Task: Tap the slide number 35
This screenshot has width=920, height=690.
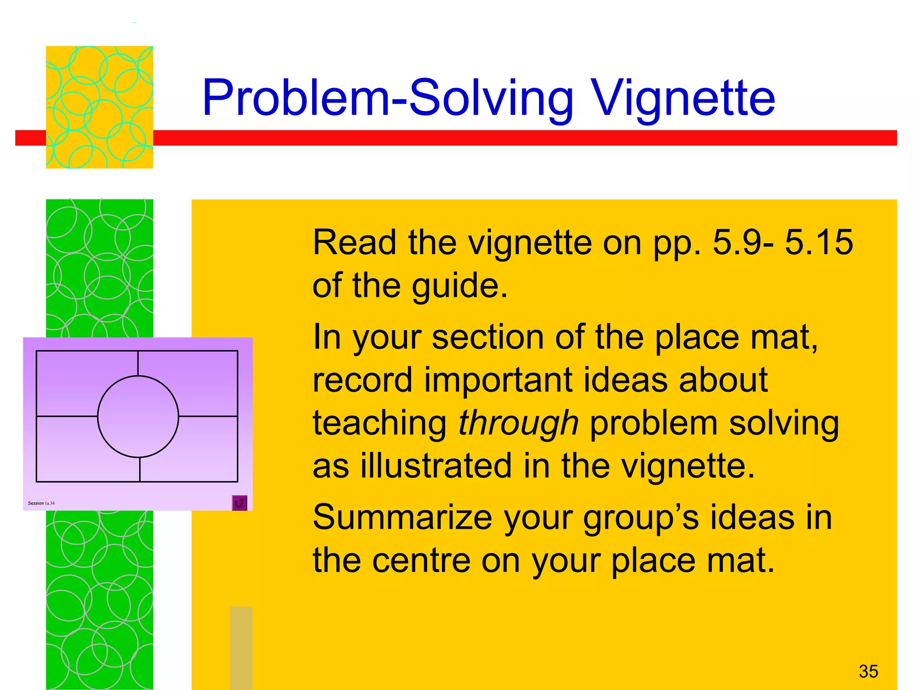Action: (868, 671)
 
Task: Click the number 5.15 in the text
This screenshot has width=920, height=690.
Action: (818, 243)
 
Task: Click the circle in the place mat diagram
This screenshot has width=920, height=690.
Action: (138, 416)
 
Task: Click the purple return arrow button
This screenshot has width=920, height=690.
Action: (239, 503)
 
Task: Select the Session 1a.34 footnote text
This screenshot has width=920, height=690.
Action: (41, 503)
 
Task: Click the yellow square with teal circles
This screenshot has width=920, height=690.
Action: (99, 107)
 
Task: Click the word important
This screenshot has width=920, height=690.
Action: (498, 380)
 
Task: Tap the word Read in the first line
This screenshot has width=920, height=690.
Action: (354, 243)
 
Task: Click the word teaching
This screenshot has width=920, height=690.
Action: (380, 423)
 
